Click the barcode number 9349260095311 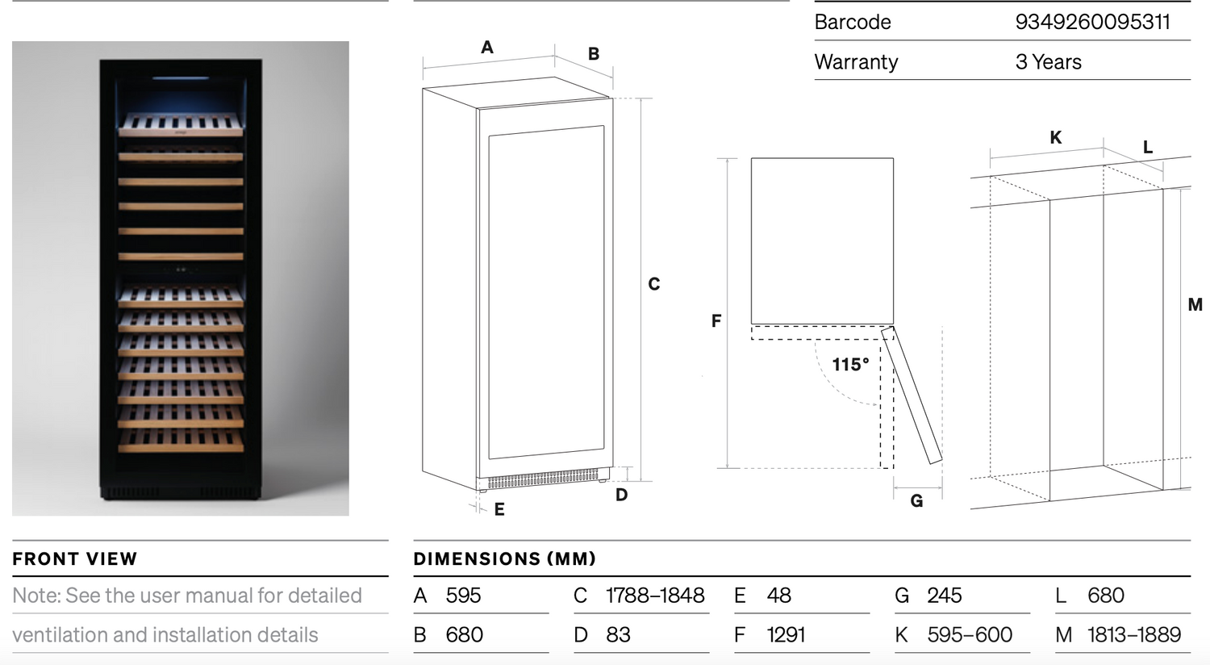pos(1092,22)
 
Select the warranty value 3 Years pos(1048,62)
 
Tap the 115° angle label pos(850,365)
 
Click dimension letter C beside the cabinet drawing pos(654,284)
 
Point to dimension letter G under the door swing pos(916,501)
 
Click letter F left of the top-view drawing pos(716,321)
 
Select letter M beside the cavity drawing pos(1195,305)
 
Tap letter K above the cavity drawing pos(1055,138)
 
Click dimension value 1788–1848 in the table pos(655,596)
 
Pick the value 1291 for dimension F pos(786,635)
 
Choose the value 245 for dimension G pos(944,596)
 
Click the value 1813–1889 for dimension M pos(1133,635)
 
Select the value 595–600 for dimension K pos(970,635)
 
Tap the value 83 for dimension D pos(618,635)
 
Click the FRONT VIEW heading pos(75,559)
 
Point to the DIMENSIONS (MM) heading pos(504,559)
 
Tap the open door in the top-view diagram pos(912,395)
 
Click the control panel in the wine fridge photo pos(181,270)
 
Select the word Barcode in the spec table pos(853,22)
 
